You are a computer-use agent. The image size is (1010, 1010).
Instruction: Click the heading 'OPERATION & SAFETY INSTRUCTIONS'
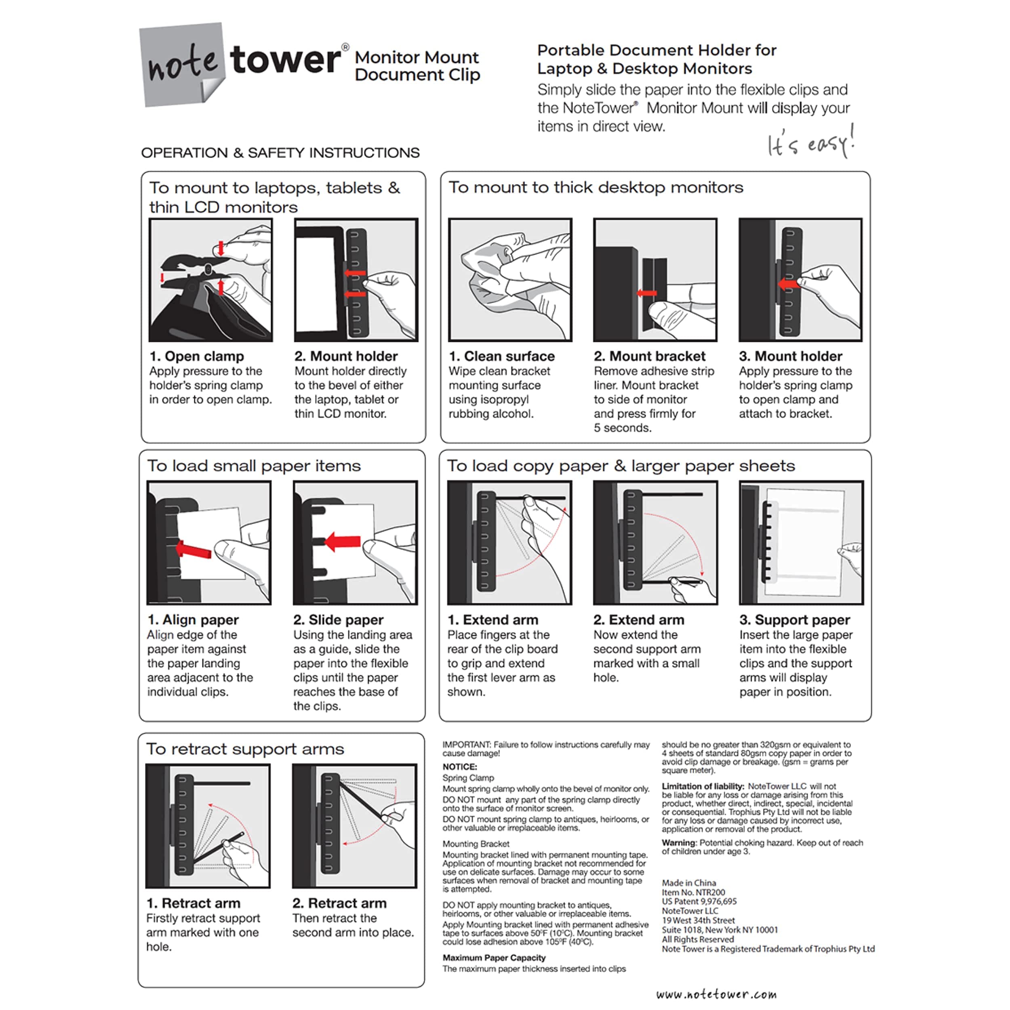tap(280, 153)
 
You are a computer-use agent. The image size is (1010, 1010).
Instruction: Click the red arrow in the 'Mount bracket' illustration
tap(647, 293)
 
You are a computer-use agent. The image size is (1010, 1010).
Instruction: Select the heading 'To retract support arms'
tap(245, 749)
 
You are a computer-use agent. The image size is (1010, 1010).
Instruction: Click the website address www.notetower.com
tap(716, 994)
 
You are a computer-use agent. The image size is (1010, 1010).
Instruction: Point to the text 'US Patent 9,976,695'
tap(699, 901)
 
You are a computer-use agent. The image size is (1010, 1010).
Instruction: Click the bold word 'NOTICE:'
tap(459, 766)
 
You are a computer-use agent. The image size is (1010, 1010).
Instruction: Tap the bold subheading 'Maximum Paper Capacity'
tap(494, 958)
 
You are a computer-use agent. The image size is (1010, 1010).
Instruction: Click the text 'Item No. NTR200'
tap(693, 892)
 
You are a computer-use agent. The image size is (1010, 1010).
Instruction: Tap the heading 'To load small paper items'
tap(254, 466)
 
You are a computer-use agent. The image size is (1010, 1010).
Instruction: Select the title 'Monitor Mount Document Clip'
tap(417, 66)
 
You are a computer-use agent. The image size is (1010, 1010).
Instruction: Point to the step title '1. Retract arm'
tap(194, 903)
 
